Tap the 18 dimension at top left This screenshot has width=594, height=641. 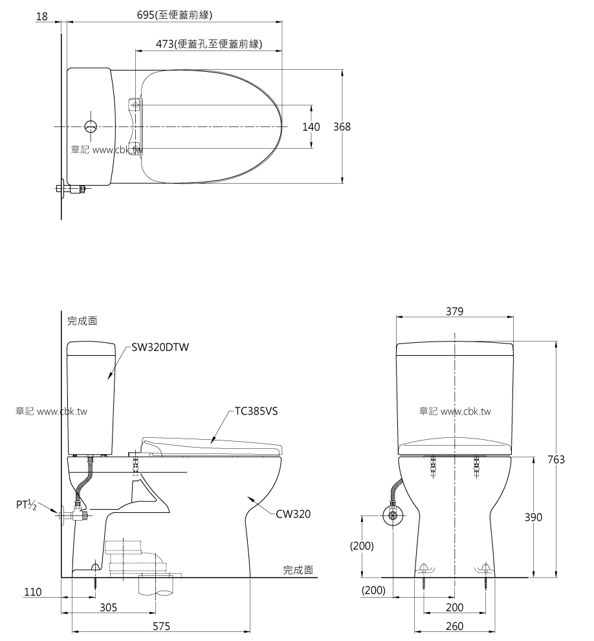(42, 16)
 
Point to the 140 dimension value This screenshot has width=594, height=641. (311, 127)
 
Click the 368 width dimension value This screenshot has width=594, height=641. (342, 127)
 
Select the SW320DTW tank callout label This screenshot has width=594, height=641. (160, 347)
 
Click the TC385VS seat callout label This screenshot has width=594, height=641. (256, 411)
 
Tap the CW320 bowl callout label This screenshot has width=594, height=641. (293, 514)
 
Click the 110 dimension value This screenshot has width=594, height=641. (32, 591)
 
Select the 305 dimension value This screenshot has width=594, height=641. (109, 607)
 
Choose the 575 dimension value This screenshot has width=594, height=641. (162, 625)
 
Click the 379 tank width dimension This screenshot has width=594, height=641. (454, 311)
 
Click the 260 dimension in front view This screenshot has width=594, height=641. (454, 625)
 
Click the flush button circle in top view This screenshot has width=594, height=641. (91, 126)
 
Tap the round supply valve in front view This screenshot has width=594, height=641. (393, 516)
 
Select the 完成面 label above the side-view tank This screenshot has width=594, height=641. (82, 320)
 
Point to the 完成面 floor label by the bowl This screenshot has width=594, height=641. (298, 570)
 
